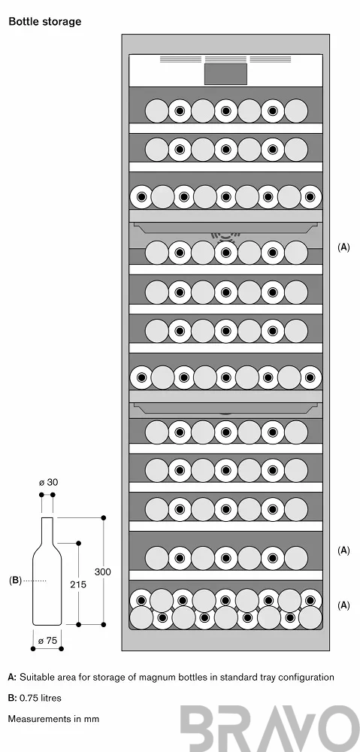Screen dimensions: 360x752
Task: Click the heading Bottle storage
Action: [x=45, y=22]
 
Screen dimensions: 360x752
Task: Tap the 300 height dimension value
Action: [x=102, y=572]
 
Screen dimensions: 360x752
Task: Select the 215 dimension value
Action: [x=78, y=584]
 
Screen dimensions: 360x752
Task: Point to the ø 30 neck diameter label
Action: [x=48, y=482]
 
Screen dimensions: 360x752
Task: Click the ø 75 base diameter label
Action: [x=47, y=641]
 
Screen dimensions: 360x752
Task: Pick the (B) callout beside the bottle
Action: [x=15, y=581]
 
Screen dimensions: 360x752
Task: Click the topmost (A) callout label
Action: [x=343, y=247]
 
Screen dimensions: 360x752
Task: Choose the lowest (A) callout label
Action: [x=343, y=605]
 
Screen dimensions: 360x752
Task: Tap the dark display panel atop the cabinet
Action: [x=225, y=74]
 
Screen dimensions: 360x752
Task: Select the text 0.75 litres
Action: [x=41, y=698]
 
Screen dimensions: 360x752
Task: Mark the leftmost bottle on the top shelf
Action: [x=157, y=111]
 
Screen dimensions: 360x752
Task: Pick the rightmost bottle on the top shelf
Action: [x=296, y=111]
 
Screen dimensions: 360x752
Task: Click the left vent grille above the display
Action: [x=180, y=59]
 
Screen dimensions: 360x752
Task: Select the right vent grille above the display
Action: [x=271, y=59]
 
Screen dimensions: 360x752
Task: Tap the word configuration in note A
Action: [x=307, y=678]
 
